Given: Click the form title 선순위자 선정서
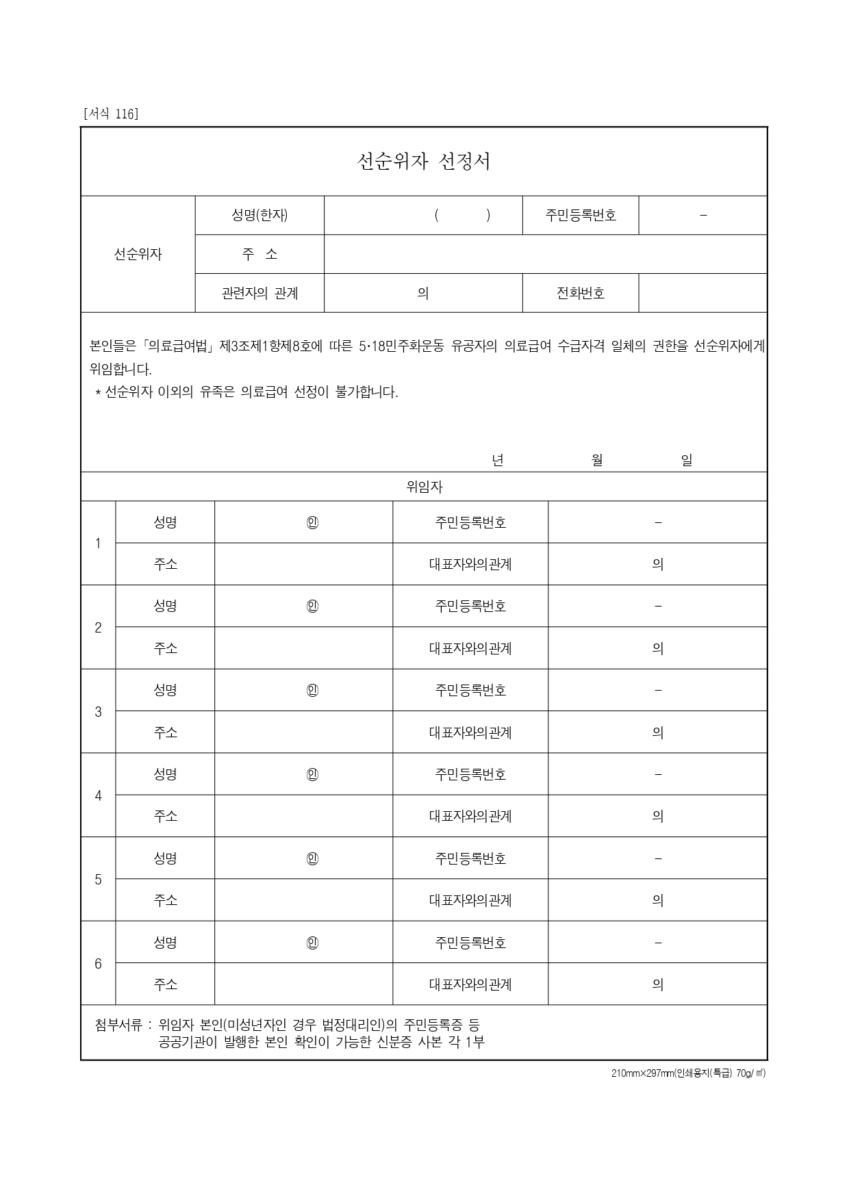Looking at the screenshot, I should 424,162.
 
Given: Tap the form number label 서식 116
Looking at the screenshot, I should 110,114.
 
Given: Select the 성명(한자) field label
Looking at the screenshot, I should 259,215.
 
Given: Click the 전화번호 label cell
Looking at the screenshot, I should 581,293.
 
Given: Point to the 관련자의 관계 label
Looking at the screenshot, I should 259,293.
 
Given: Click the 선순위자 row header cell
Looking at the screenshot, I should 138,254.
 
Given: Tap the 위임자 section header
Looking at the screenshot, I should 424,487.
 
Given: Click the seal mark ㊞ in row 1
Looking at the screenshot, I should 312,523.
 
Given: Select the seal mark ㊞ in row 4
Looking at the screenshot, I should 312,775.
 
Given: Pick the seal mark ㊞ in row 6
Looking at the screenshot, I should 312,943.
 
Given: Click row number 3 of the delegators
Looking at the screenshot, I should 98,712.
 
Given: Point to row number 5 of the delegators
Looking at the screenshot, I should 98,880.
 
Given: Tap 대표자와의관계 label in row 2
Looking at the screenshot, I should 470,648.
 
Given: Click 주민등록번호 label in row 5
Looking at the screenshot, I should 470,858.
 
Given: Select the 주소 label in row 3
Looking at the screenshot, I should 165,732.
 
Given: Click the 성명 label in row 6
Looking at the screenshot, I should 165,943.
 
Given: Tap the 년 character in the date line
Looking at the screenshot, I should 498,461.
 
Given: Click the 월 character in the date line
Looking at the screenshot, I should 597,461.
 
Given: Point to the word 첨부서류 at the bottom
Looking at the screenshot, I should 118,1025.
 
